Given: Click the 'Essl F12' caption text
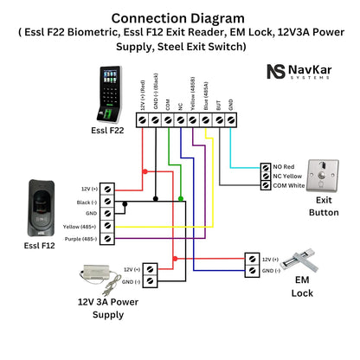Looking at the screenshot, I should coord(41,246).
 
